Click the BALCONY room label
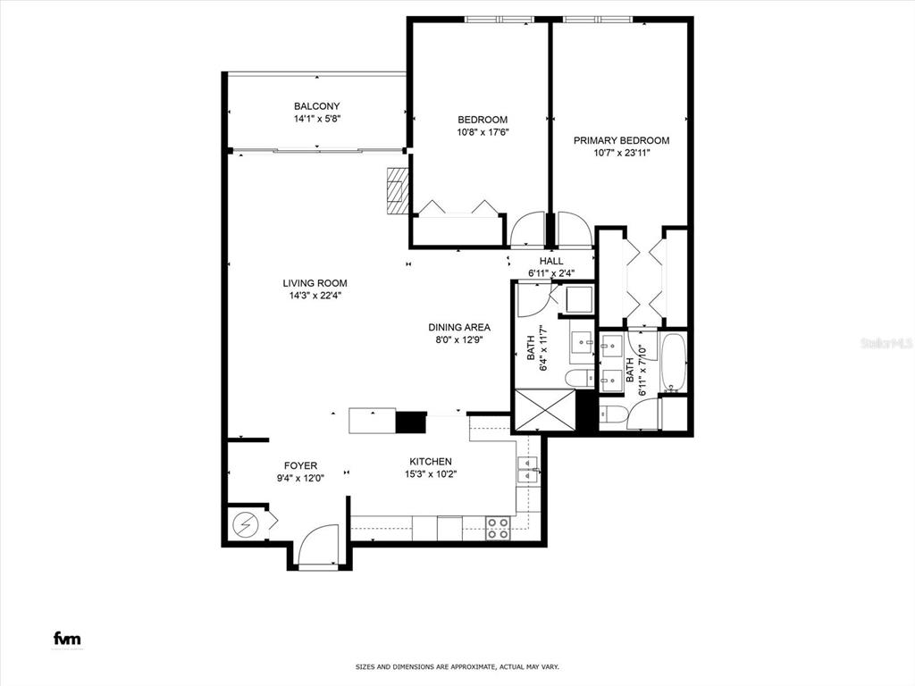click(317, 106)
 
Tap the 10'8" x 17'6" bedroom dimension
click(483, 132)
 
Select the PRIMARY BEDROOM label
click(622, 140)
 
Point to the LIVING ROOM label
click(315, 283)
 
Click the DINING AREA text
click(459, 327)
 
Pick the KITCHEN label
click(431, 462)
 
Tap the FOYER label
click(300, 465)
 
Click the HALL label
click(551, 261)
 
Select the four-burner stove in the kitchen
click(498, 528)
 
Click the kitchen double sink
click(527, 470)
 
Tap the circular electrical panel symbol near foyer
click(245, 525)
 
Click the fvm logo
click(67, 639)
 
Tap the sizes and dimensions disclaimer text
click(457, 666)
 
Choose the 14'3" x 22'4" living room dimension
click(315, 295)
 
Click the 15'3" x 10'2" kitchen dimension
click(431, 474)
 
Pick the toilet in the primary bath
click(613, 414)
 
